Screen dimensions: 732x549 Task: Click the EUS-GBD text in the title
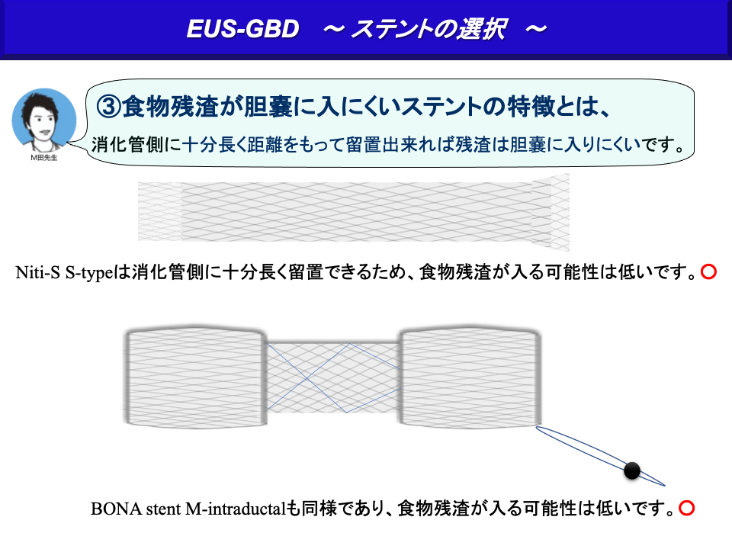click(242, 29)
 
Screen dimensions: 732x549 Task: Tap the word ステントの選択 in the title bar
click(429, 29)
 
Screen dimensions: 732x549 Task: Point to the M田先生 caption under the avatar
click(44, 158)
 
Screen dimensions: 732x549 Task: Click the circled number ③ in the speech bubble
click(108, 107)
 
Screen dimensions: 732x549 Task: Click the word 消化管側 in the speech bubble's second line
click(127, 145)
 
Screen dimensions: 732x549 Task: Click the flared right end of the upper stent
click(551, 213)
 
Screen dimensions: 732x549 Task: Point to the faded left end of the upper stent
click(159, 212)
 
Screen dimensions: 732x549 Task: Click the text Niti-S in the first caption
click(38, 272)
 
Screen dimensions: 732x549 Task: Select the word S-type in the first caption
click(90, 273)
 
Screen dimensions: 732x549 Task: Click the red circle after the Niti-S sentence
click(708, 271)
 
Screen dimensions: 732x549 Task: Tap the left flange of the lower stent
click(196, 377)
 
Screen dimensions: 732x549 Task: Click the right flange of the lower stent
click(470, 377)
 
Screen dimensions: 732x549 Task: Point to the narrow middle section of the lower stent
click(333, 377)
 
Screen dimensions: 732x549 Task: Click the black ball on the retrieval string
click(632, 470)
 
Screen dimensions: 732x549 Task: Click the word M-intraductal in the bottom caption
click(236, 509)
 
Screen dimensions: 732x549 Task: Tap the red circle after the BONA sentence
click(687, 508)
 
